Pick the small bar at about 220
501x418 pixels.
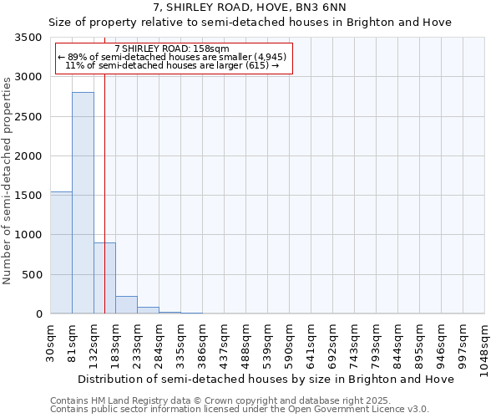point(126,305)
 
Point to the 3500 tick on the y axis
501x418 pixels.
point(27,38)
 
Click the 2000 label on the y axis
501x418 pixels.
point(27,156)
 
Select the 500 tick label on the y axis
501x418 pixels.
point(31,275)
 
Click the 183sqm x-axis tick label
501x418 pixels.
point(116,341)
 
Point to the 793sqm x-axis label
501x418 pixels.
point(377,341)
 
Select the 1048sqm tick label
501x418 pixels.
point(485,344)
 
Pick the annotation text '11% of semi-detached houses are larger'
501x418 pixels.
point(172,65)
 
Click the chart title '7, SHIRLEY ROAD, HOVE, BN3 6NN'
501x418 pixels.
point(250,7)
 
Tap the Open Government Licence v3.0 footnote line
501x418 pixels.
point(240,409)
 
